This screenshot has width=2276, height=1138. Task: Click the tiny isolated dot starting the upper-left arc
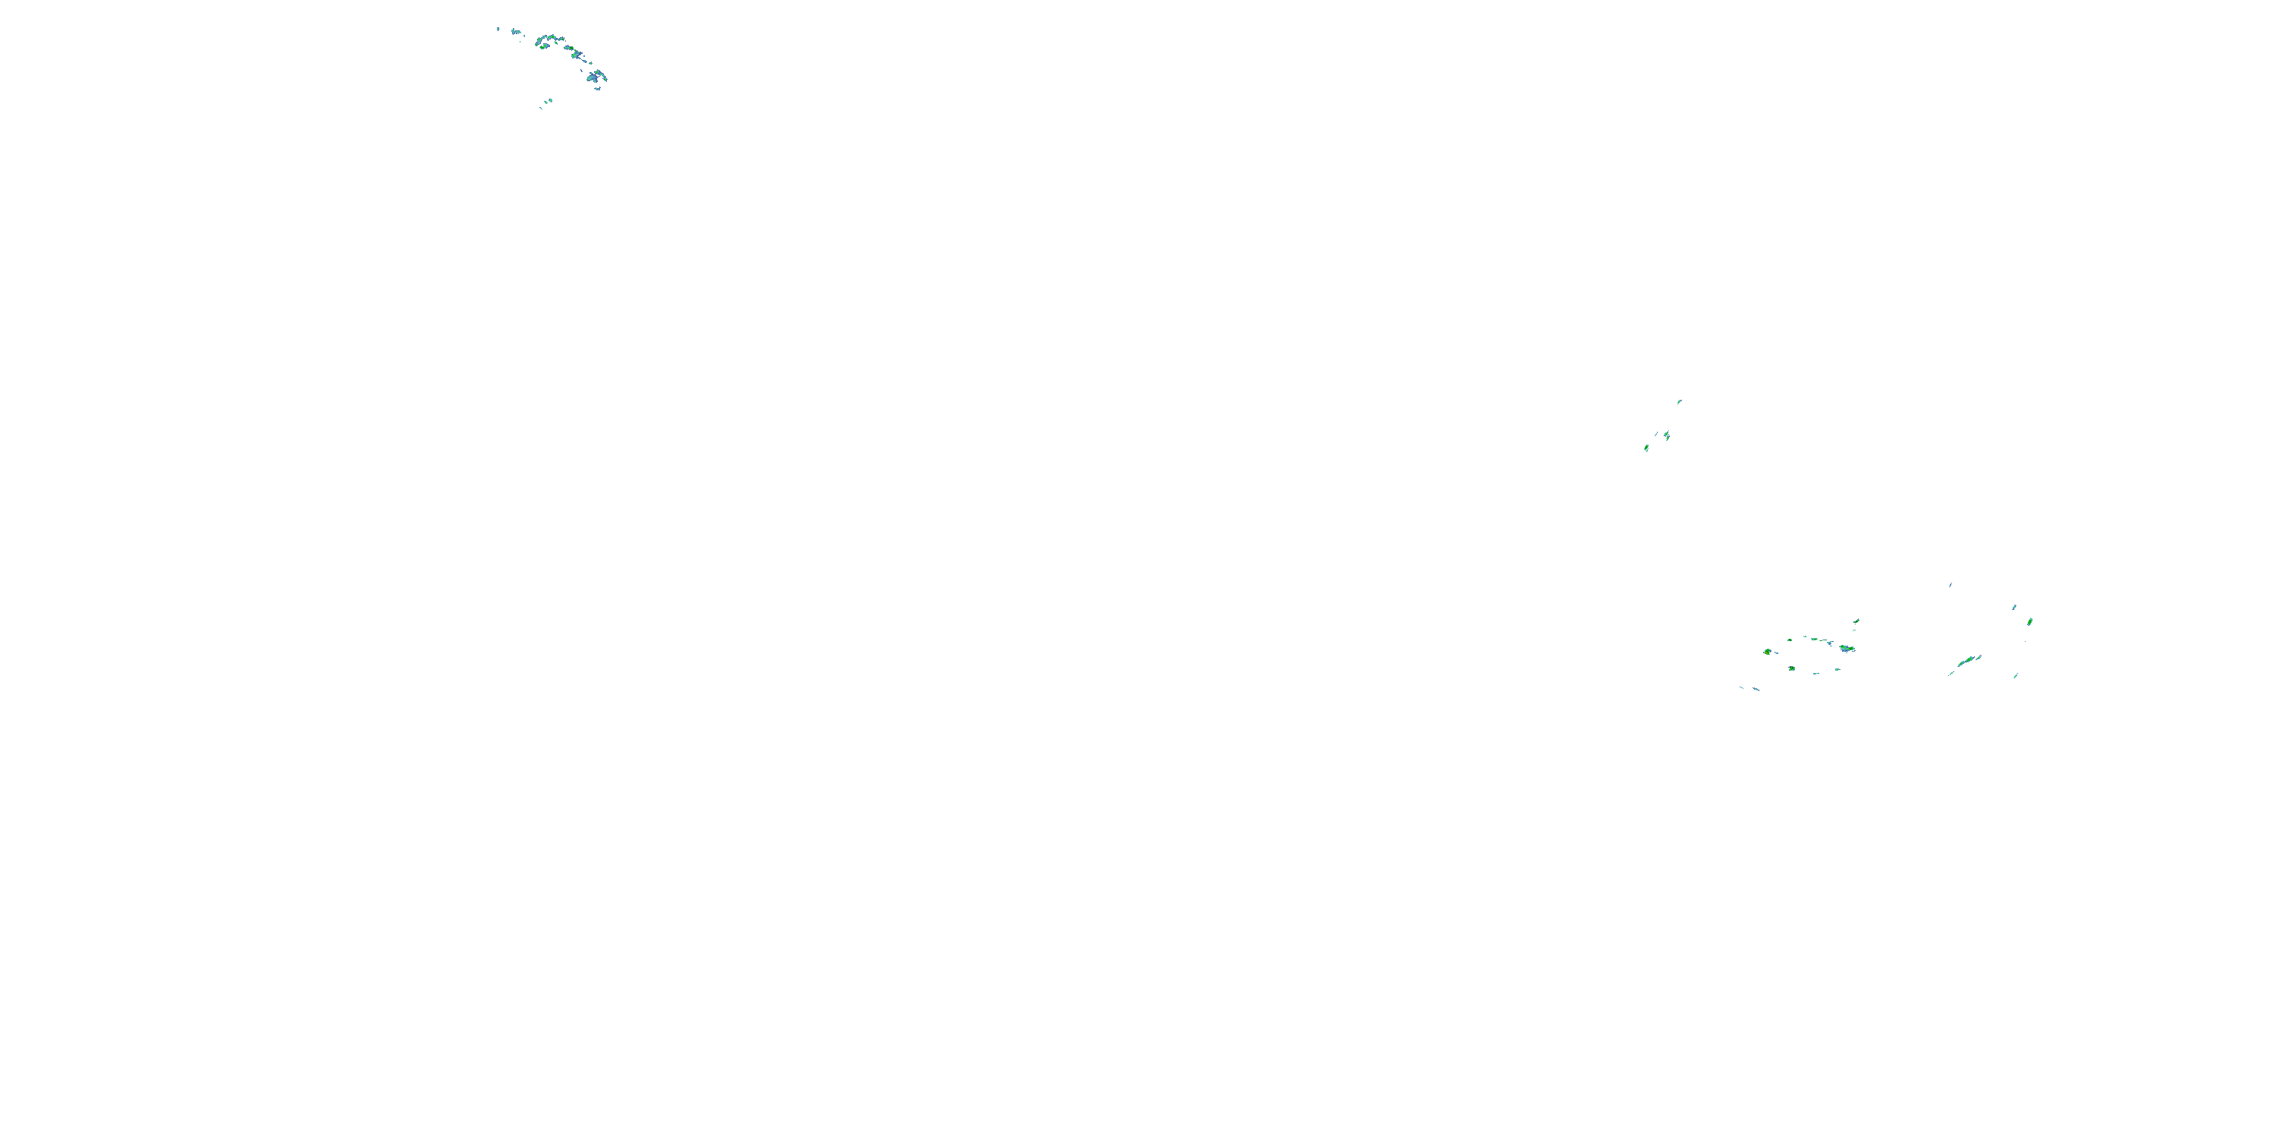(498, 29)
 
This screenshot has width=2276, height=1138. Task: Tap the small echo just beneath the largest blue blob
(598, 88)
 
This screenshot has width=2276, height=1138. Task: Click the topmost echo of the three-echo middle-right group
(1680, 402)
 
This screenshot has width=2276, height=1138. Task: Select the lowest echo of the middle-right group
(1647, 448)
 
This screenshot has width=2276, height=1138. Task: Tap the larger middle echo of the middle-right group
(1666, 435)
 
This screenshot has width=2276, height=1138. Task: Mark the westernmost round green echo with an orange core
(1768, 652)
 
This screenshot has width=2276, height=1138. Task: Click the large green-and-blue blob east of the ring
(1847, 649)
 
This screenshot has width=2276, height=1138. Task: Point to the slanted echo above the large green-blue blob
(1857, 621)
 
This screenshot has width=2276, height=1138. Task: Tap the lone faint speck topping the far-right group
(1951, 585)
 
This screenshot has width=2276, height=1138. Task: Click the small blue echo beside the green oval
(2014, 608)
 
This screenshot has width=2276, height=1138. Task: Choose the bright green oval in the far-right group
(2030, 622)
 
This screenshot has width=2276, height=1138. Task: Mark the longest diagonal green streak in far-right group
(1969, 660)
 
